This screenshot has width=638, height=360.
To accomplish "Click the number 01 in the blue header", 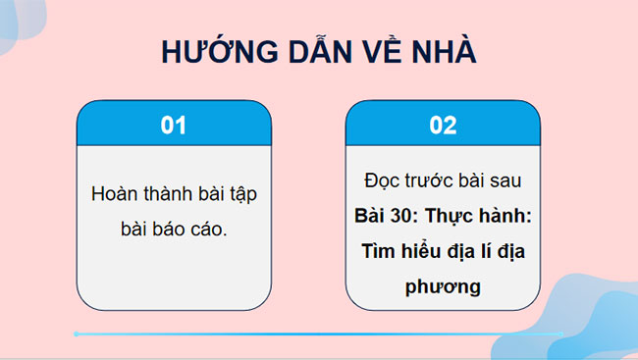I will pyautogui.click(x=173, y=126).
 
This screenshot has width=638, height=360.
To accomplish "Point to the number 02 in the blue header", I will pyautogui.click(x=444, y=126).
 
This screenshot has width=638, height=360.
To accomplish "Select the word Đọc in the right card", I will pyautogui.click(x=381, y=183).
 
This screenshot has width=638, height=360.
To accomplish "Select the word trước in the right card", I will pyautogui.click(x=427, y=183).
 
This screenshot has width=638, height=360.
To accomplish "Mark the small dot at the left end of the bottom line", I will pyautogui.click(x=76, y=334).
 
